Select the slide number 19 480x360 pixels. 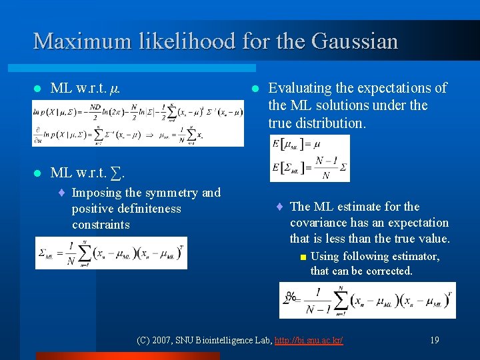click(434, 340)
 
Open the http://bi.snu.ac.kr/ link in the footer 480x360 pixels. click(310, 340)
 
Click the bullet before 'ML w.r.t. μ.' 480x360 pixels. click(37, 89)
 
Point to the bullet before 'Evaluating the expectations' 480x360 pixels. click(254, 89)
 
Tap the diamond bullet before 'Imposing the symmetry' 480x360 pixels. click(61, 193)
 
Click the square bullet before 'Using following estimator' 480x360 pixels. click(303, 257)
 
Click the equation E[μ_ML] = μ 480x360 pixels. click(297, 144)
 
